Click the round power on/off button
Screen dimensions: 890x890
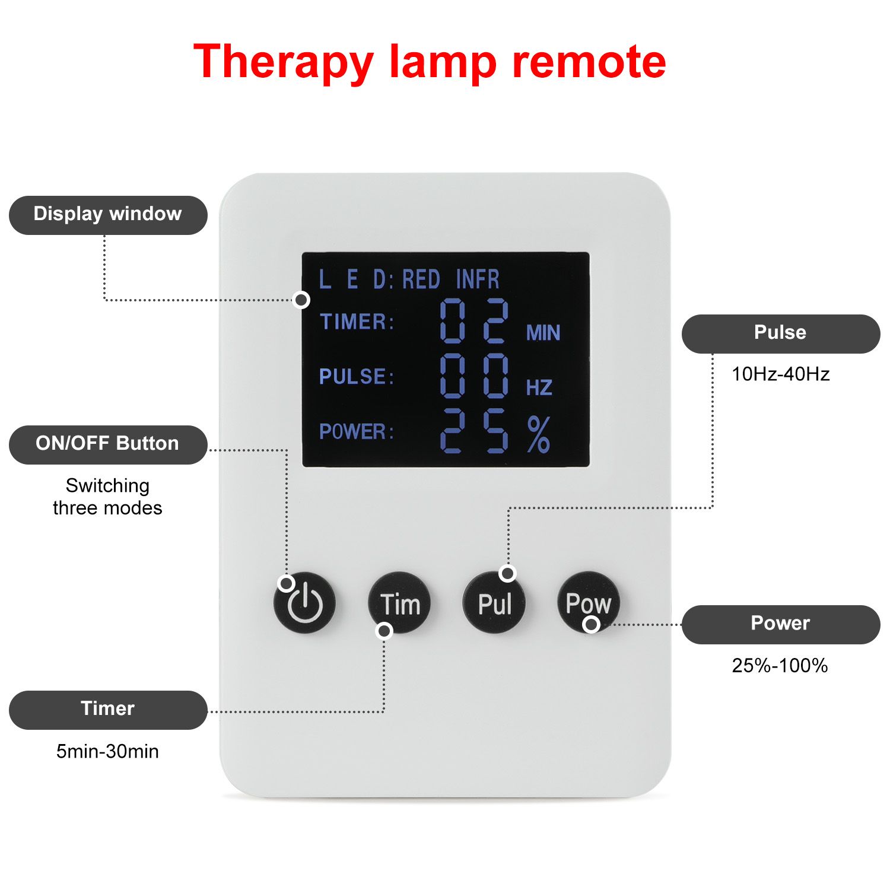(x=304, y=603)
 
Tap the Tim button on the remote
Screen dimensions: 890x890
(x=400, y=603)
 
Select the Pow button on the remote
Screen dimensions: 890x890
(x=588, y=602)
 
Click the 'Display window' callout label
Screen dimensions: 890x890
(x=108, y=215)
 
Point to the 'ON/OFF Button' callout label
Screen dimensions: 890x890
(x=108, y=444)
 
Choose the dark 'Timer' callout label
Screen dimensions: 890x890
(x=108, y=710)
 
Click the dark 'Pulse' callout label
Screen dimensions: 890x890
(x=780, y=333)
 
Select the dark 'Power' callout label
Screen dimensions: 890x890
(x=780, y=624)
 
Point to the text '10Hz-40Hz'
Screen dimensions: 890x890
(x=780, y=374)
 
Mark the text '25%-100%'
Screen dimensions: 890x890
(x=780, y=666)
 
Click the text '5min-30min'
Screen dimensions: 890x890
(x=107, y=752)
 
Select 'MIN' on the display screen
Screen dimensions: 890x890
(x=543, y=333)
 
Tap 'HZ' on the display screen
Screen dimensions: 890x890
(x=539, y=388)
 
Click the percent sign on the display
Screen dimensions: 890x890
(x=539, y=434)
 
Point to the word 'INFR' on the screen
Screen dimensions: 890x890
(x=478, y=279)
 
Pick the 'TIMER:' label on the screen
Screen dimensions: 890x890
(x=357, y=322)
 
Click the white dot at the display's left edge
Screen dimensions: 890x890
(x=302, y=300)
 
